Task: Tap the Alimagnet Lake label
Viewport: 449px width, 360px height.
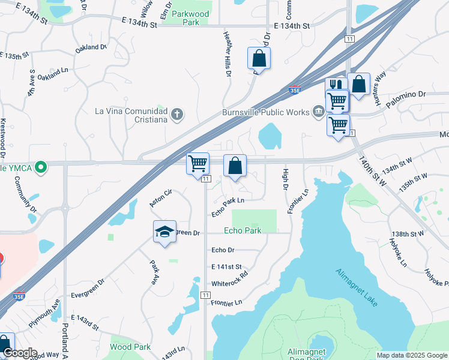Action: (357, 288)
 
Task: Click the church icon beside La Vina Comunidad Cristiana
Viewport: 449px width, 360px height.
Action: (176, 114)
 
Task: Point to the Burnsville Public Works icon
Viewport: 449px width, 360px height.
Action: (318, 112)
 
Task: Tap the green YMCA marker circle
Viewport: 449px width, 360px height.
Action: (41, 167)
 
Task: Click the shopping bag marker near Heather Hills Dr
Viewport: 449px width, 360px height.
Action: (259, 59)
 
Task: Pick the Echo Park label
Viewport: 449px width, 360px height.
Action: (243, 230)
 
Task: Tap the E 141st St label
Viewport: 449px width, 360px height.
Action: (226, 266)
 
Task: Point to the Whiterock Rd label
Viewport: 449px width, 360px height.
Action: (229, 283)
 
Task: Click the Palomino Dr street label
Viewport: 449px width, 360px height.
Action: (405, 95)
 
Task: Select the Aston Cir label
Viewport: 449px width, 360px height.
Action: (161, 196)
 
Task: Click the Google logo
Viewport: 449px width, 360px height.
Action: (20, 353)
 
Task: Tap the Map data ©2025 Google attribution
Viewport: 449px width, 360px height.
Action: (412, 355)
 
